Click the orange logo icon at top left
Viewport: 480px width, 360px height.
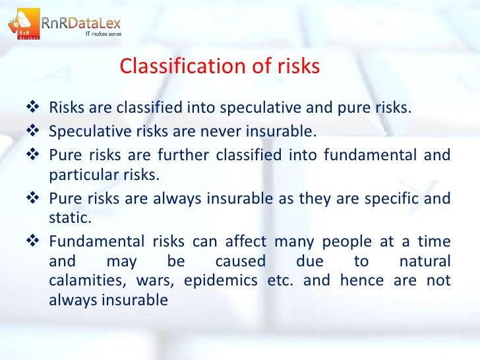22,23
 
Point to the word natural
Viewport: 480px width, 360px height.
425,262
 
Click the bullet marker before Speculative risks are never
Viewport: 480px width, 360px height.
36,131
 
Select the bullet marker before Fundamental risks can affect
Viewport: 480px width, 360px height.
36,241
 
